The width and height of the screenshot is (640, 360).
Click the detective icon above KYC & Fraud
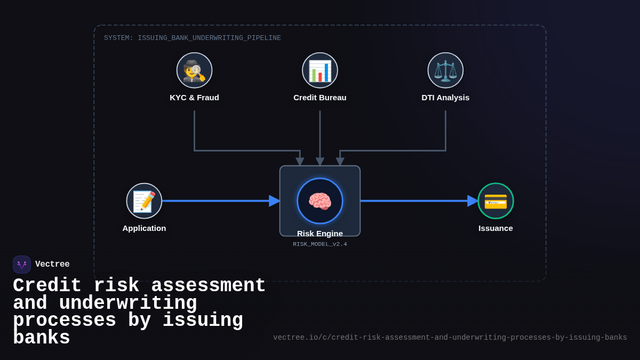194,70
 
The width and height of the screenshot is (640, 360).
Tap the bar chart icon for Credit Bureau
320,70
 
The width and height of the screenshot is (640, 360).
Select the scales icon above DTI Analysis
445,70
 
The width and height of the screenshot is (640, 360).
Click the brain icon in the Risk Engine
320,201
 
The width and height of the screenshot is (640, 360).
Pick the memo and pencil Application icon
144,201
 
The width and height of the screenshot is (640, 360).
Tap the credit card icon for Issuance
495,201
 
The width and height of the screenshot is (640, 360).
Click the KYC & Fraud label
194,98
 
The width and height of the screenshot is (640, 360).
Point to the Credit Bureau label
320,98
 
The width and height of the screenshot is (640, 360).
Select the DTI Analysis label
445,98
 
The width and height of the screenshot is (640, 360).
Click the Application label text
144,228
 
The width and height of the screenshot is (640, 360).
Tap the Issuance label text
495,228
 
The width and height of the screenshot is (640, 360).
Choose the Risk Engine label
320,234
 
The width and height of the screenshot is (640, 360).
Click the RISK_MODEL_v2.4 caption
320,244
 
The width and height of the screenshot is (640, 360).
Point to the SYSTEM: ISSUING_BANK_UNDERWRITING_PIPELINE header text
193,38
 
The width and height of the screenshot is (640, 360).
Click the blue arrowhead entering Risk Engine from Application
274,201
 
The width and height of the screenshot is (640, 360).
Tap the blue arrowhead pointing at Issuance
473,201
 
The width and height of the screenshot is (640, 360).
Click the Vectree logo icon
22,265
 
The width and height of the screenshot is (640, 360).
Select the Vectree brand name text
52,265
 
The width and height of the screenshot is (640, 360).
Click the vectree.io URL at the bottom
450,338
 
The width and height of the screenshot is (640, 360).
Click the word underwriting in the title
128,303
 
